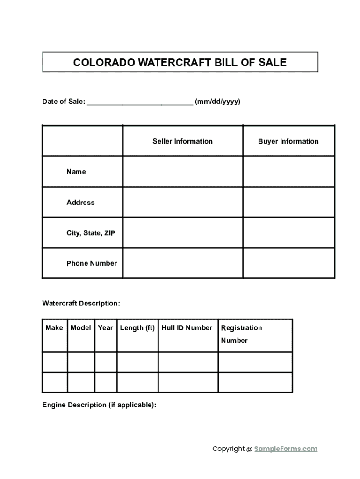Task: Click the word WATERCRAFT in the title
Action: [x=173, y=63]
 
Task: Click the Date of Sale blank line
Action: [x=140, y=102]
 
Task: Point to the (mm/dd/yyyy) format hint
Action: [x=218, y=102]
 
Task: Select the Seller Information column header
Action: [x=182, y=141]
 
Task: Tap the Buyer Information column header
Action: [x=288, y=141]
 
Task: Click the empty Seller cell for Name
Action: [x=183, y=172]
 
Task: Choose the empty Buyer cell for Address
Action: [x=288, y=203]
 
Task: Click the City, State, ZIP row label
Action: [x=90, y=233]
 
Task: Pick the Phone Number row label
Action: [x=92, y=263]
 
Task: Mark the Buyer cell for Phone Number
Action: [x=288, y=263]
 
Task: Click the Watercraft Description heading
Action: [x=81, y=304]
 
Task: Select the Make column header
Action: [x=54, y=328]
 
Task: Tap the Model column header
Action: [x=81, y=328]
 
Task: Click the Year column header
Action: [x=106, y=328]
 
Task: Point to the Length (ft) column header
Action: [x=137, y=328]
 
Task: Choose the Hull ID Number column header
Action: [x=187, y=328]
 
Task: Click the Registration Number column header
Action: [x=241, y=334]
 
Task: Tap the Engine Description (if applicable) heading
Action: [x=99, y=405]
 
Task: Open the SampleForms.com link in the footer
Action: [x=286, y=449]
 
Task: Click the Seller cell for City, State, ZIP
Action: [x=183, y=233]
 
